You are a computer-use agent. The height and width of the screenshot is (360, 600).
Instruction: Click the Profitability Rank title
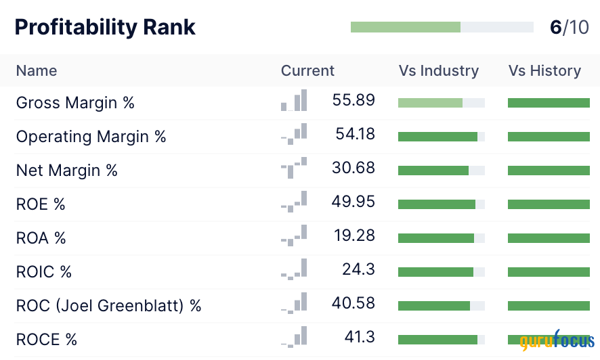(105, 27)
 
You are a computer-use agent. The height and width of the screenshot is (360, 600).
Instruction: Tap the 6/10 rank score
(569, 27)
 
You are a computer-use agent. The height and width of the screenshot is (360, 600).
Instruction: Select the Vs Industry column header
(438, 71)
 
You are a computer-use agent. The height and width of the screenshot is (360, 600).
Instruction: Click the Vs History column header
(544, 71)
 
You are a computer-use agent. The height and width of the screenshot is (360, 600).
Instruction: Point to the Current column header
(307, 71)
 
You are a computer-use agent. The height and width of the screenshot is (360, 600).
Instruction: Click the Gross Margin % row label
(75, 103)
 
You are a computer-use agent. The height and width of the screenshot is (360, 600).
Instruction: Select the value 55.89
(353, 100)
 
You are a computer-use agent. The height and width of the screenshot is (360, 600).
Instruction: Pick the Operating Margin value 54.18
(355, 134)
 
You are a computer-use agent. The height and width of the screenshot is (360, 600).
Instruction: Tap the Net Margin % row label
(67, 171)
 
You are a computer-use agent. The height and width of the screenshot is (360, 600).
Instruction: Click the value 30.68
(353, 168)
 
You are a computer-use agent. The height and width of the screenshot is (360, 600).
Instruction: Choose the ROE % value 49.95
(353, 202)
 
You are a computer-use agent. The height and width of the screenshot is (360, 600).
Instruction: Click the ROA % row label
(41, 238)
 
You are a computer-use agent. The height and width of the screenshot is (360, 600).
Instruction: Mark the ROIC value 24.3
(358, 269)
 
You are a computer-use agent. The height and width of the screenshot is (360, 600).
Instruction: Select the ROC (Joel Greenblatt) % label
(109, 306)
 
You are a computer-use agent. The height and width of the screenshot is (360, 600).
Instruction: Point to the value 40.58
(353, 303)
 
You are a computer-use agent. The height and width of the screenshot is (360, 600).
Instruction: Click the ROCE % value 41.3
(358, 337)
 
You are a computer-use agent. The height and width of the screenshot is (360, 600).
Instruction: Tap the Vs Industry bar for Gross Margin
(441, 103)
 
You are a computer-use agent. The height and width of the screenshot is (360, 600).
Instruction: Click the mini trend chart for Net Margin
(294, 168)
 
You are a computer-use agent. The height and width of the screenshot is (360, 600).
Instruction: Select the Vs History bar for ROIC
(549, 272)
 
